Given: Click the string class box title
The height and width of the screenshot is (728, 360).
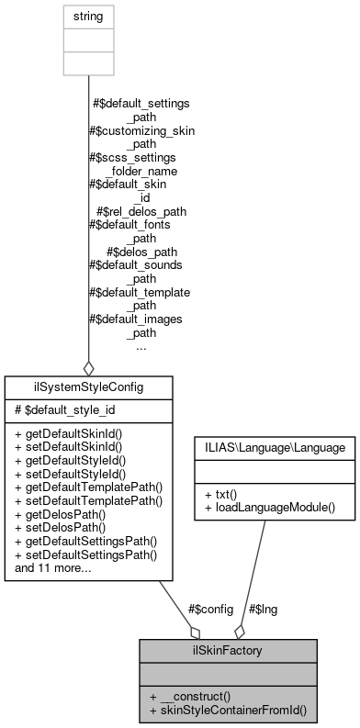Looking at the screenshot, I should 88,17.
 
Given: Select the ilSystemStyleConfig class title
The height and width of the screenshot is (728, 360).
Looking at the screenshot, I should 87,388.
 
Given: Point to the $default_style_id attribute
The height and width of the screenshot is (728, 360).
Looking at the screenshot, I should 58,409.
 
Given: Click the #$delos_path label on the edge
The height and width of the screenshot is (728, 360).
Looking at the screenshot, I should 141,251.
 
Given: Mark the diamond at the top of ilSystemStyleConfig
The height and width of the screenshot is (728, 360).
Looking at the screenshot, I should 88,367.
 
